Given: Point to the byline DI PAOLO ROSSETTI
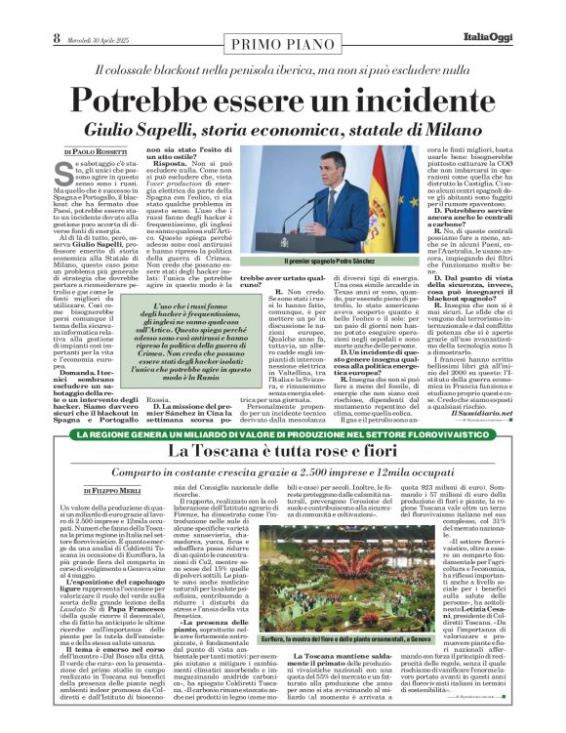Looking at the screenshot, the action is (x=95, y=152).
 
